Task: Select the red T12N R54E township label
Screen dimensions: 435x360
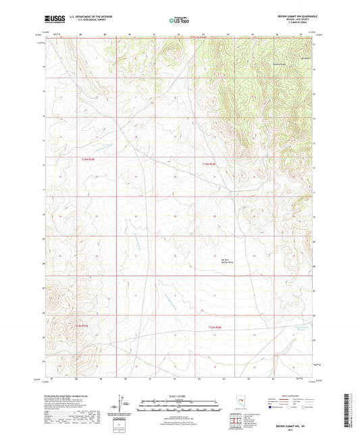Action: [210, 163]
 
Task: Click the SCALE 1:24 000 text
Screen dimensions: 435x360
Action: [180, 396]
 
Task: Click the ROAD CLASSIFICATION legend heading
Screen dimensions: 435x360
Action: [299, 396]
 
